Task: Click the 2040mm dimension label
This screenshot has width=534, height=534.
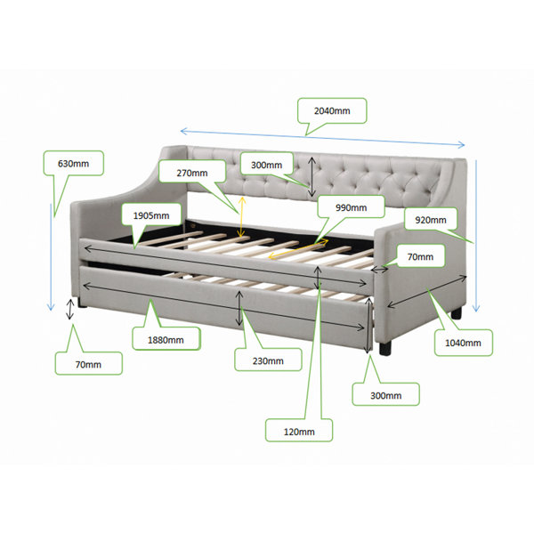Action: point(332,111)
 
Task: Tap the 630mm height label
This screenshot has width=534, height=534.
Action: point(73,164)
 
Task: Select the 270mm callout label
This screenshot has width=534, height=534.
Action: point(192,173)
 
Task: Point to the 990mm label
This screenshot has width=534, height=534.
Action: point(352,207)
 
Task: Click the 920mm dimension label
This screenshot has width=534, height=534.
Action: point(431,220)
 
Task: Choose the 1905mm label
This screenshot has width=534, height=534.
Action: point(151,215)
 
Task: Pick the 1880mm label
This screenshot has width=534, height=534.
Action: point(166,340)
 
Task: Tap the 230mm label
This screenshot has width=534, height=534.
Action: point(268,361)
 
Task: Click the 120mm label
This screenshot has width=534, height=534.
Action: point(299,432)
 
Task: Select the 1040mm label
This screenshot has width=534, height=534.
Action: point(463,343)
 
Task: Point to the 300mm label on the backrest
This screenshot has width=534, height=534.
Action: point(267,166)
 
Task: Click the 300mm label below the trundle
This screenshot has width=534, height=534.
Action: point(386,396)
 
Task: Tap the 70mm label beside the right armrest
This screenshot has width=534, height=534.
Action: point(421,257)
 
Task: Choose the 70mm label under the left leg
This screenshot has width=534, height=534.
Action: point(88,365)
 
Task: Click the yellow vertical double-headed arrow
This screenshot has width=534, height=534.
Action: point(242,217)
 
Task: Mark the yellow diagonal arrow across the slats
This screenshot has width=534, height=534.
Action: point(298,248)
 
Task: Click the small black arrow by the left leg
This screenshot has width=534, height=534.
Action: point(69,309)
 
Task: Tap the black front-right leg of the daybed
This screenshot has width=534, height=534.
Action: point(385,349)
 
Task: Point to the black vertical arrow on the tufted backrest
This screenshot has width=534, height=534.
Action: point(312,177)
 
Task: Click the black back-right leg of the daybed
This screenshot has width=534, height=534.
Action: point(457,313)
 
